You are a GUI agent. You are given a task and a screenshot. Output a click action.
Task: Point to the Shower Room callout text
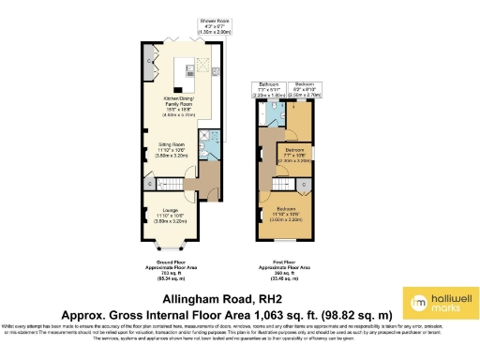pyautogui.click(x=216, y=24)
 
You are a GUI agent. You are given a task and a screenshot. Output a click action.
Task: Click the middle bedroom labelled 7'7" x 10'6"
pyautogui.click(x=296, y=155)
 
